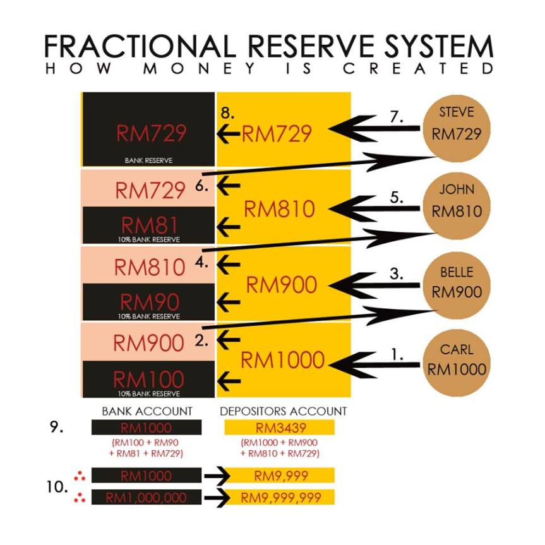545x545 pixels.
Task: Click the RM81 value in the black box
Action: coord(149,224)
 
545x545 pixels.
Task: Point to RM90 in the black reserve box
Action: coord(149,302)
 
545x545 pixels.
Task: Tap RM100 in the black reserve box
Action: coord(149,380)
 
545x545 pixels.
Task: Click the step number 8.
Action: coord(227,113)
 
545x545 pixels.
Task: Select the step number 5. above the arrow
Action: coord(397,197)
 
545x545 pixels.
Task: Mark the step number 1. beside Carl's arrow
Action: coord(397,354)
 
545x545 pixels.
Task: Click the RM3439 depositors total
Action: coord(279,428)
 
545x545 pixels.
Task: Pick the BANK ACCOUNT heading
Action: coord(147,411)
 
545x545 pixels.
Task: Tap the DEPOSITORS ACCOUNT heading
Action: coord(284,411)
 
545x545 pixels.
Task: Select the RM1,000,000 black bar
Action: coord(146,498)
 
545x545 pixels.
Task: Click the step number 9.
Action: coord(55,427)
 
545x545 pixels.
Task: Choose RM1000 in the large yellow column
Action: coord(282,361)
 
